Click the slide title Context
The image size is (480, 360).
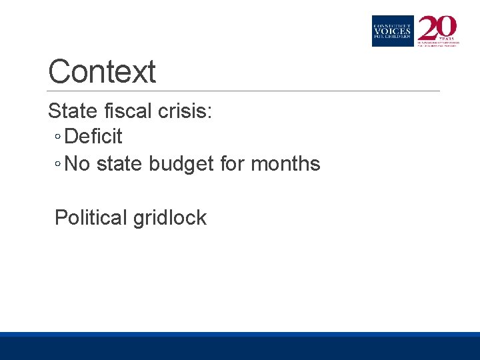pos(102,72)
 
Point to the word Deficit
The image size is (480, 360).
pos(94,137)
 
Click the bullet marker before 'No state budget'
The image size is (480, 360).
pos(58,165)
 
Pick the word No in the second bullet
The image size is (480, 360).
pos(78,164)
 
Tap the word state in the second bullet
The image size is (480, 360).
pos(120,164)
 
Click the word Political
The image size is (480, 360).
pos(91,218)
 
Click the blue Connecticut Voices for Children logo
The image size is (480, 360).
pos(393,31)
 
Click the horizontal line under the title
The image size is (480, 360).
pos(244,91)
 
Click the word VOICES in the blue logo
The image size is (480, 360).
pos(393,31)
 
